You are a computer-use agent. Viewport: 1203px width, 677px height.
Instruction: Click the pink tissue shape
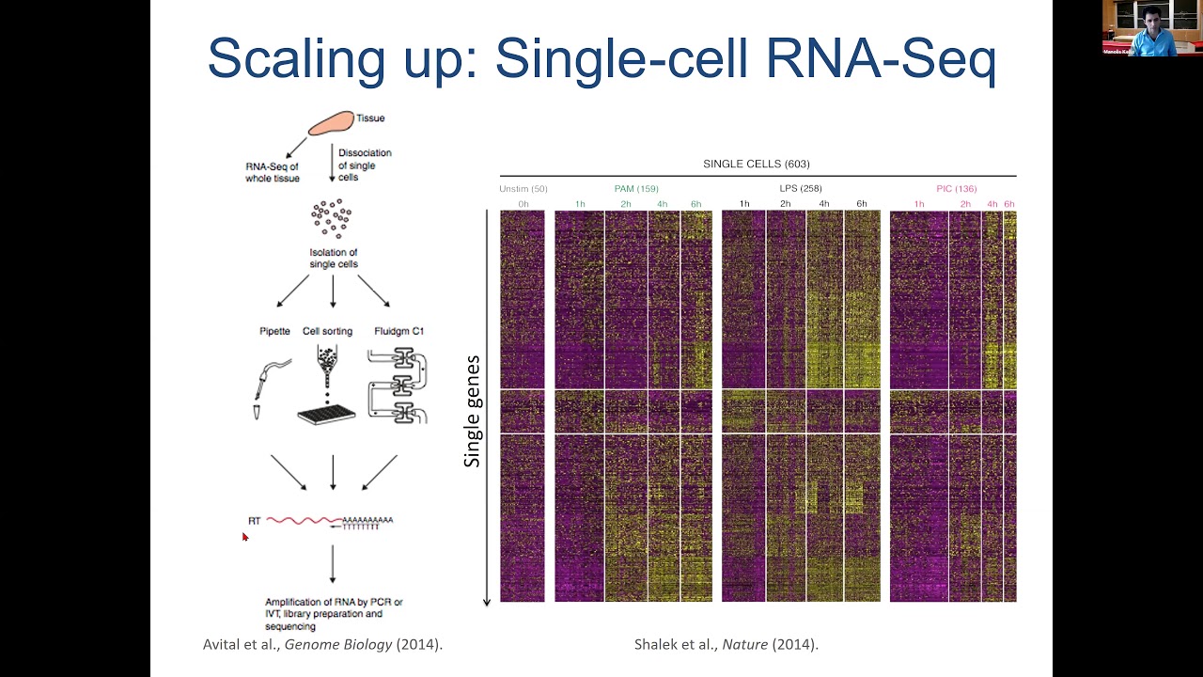pos(331,122)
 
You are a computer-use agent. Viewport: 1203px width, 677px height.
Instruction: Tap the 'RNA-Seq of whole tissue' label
pos(273,172)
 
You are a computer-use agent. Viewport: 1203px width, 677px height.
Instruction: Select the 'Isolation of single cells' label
pos(333,259)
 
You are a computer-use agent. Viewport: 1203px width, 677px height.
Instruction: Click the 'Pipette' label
pos(274,331)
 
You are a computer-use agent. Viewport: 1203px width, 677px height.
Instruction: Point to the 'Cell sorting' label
pos(327,331)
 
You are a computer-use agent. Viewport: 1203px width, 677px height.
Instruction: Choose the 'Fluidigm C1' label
pos(399,331)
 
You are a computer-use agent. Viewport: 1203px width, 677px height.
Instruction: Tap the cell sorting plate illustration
pos(326,412)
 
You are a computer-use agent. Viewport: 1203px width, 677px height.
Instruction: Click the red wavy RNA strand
pos(304,520)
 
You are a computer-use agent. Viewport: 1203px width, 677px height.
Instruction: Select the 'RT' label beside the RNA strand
pos(254,521)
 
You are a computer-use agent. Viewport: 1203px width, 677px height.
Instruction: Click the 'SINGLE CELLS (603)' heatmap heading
pos(756,165)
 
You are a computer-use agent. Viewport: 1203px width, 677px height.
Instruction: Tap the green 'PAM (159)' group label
pos(636,189)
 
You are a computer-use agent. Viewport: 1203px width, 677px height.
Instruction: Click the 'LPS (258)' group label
pos(801,189)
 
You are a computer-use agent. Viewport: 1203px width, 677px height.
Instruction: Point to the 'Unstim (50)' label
pos(523,189)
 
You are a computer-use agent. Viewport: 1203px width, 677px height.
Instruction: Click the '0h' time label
pos(523,204)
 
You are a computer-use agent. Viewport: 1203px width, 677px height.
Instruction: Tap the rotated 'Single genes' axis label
pos(472,411)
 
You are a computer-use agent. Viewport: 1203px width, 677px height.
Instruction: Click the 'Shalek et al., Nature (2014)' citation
pos(726,644)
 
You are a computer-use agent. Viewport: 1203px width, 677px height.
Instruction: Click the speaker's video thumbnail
pos(1151,28)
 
